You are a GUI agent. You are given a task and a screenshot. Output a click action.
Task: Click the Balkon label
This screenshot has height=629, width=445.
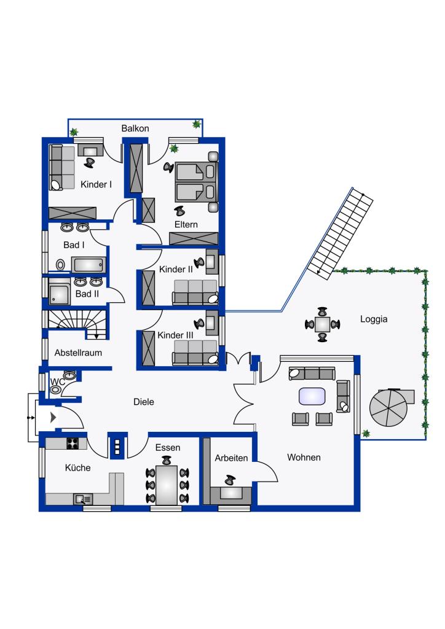[135, 128]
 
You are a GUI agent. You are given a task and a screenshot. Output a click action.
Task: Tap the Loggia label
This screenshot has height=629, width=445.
[374, 319]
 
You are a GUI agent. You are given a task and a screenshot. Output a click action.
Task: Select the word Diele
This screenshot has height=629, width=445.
[144, 402]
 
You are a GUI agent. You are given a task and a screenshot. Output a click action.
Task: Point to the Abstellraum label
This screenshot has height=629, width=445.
[78, 353]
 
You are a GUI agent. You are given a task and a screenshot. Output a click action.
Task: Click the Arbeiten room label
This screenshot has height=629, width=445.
[231, 458]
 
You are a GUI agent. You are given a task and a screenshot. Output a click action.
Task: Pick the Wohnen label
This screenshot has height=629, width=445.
[304, 457]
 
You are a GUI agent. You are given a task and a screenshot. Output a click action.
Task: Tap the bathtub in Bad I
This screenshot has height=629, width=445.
[89, 265]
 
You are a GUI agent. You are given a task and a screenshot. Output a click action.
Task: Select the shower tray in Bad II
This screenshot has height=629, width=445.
[59, 294]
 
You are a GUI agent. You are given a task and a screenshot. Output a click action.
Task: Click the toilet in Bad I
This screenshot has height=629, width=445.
[61, 265]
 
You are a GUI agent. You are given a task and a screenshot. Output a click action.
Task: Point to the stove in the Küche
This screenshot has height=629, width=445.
[73, 443]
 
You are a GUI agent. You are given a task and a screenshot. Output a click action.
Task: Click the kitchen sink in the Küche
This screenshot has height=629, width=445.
[84, 499]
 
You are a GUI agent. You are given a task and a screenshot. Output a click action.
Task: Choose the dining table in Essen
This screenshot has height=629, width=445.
[167, 485]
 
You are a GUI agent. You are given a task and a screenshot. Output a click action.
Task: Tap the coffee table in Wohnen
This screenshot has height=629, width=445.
[312, 396]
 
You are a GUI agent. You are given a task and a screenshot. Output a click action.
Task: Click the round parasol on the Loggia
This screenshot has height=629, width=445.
[388, 408]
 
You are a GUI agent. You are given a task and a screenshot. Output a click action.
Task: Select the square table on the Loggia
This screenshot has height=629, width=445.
[322, 324]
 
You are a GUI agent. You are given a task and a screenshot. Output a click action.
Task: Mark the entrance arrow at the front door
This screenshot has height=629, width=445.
[53, 418]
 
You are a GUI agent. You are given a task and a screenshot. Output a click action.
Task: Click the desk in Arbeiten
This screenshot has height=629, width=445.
[230, 493]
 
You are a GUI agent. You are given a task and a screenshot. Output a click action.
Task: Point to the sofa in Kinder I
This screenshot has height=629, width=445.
[62, 167]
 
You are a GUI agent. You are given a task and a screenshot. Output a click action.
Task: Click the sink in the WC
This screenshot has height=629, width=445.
[70, 375]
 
